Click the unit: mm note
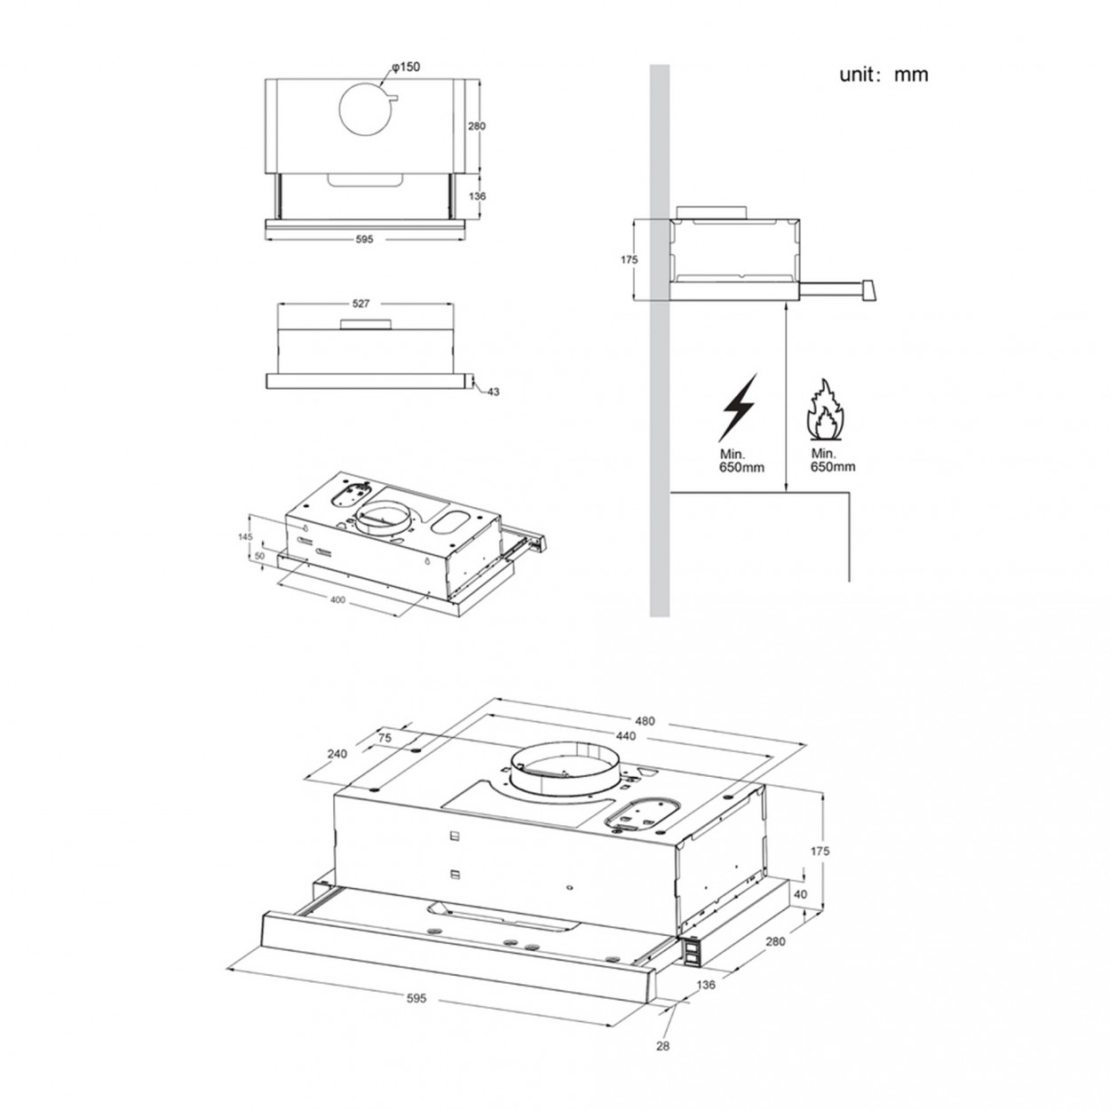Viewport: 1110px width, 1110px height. (883, 75)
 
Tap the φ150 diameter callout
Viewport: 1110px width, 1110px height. (406, 67)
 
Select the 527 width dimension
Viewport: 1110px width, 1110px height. (361, 304)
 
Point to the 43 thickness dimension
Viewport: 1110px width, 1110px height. (493, 392)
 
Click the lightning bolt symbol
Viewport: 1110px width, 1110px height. (737, 408)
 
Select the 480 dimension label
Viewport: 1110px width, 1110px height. (646, 721)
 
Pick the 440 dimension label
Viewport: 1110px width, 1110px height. (625, 736)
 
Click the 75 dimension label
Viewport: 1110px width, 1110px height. (385, 738)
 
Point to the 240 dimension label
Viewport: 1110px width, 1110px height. (337, 754)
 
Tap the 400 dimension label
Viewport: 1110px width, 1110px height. (337, 600)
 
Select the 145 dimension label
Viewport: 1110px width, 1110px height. (245, 537)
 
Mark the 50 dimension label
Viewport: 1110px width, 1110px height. (258, 557)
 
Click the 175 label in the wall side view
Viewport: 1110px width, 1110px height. (629, 260)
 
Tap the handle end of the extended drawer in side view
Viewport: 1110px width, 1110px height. (868, 290)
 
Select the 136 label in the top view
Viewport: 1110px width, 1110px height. (477, 196)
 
